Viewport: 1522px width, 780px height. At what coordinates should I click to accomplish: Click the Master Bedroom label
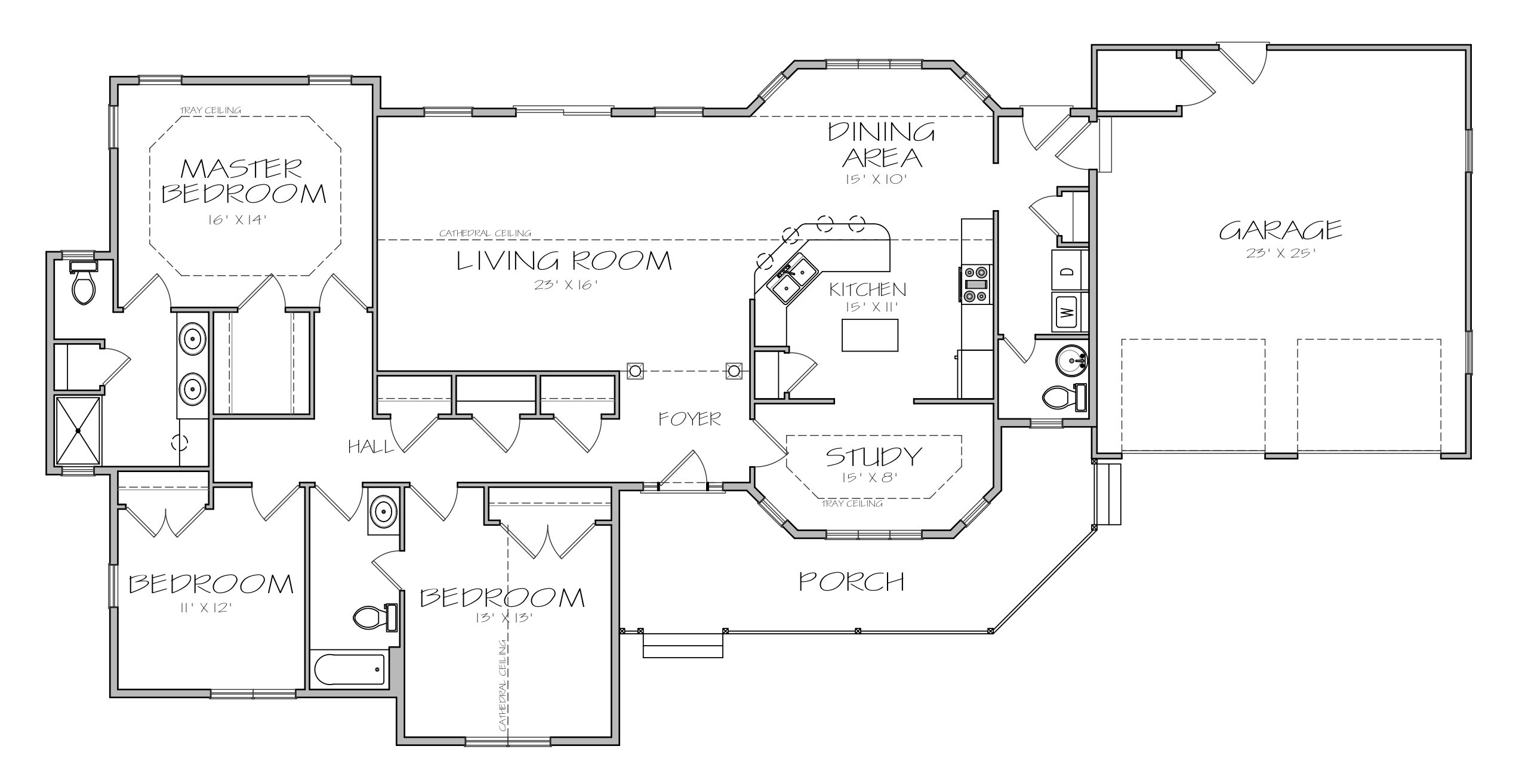click(x=245, y=181)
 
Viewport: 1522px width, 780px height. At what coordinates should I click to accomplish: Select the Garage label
click(x=1280, y=230)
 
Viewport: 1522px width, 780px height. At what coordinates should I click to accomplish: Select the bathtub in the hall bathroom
click(x=349, y=669)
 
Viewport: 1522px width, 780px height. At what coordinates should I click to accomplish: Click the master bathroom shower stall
click(x=79, y=430)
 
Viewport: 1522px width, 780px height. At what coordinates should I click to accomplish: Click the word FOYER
click(x=690, y=419)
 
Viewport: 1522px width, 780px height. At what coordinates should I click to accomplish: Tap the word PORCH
click(x=852, y=581)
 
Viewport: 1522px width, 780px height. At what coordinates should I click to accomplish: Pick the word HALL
click(x=371, y=446)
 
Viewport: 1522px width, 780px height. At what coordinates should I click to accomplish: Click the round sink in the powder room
click(x=1072, y=360)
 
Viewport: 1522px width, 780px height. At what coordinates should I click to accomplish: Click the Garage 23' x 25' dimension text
click(x=1281, y=253)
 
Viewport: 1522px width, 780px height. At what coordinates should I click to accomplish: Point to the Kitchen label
click(x=867, y=290)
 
